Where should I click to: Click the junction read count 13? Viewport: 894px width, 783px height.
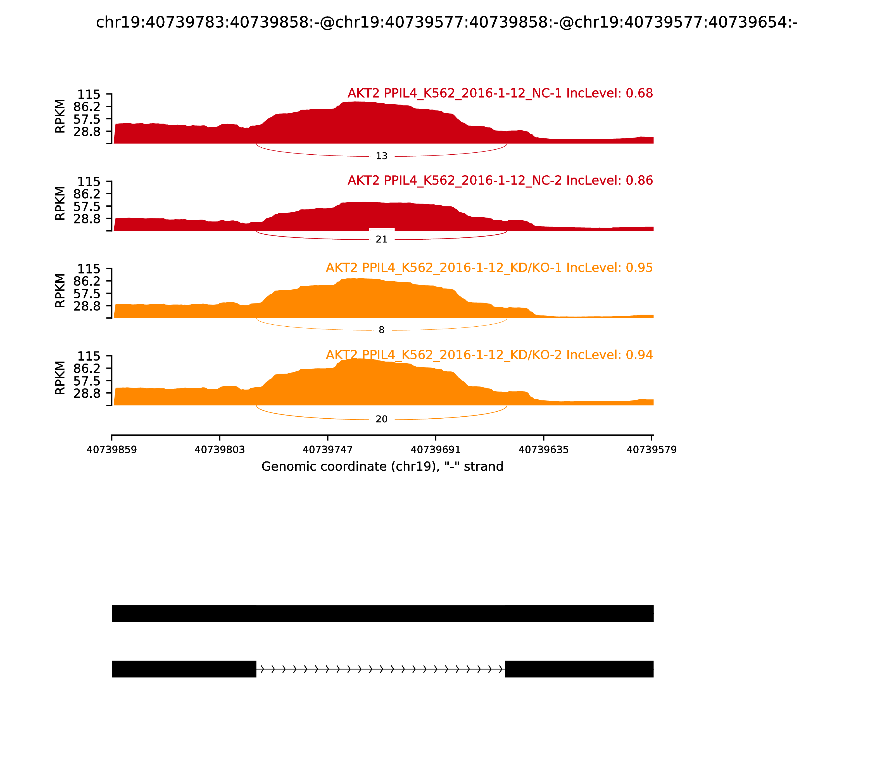382,156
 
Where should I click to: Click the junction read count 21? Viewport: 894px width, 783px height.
382,239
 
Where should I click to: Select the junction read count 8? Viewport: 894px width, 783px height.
382,330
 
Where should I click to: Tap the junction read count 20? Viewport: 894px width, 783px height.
382,419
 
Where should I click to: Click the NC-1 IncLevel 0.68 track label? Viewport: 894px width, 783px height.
500,93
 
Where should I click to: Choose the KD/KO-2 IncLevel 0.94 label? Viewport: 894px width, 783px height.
489,355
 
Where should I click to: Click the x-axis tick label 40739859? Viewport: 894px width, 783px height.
112,450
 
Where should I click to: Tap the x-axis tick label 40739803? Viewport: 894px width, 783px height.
220,450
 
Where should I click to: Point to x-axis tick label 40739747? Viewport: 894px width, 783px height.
327,450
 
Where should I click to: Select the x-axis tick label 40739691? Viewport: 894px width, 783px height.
436,450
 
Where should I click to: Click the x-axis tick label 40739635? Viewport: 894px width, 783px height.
543,450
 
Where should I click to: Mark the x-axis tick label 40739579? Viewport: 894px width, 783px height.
651,450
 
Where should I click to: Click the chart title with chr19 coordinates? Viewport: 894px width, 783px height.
446,22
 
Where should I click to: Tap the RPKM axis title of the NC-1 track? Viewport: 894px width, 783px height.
60,116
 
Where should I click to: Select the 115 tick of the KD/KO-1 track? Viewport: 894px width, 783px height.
89,269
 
